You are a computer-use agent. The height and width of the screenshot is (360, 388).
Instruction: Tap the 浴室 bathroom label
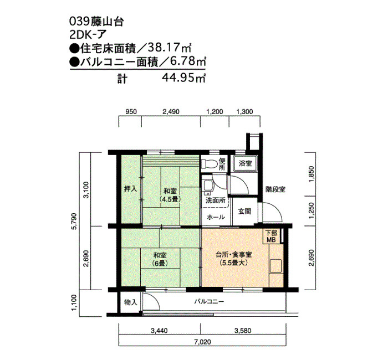tap(245, 163)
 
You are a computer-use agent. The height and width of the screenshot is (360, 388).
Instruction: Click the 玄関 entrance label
tap(245, 212)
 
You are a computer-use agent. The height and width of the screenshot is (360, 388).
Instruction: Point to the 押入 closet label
tap(130, 189)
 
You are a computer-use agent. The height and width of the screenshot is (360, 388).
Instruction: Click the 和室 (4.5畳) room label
tap(170, 195)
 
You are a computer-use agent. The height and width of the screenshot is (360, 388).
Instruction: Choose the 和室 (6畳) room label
tap(160, 259)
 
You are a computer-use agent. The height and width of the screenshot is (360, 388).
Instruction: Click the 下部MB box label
tap(271, 236)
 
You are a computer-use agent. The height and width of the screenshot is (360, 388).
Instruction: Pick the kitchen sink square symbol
tap(276, 266)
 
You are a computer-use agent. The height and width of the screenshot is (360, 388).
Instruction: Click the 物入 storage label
tap(130, 302)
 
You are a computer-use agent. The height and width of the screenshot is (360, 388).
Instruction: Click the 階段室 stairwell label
tap(275, 189)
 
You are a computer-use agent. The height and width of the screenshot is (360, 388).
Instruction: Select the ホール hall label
tap(216, 217)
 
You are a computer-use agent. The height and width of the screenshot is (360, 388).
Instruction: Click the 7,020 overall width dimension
tap(203, 342)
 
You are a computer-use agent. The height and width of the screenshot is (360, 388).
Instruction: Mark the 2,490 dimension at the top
tap(171, 112)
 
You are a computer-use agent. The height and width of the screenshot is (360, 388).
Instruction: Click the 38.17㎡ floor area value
tap(170, 48)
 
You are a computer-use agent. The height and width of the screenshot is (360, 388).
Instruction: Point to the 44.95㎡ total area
tap(184, 78)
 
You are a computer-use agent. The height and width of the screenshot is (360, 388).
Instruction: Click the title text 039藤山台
tap(96, 22)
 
